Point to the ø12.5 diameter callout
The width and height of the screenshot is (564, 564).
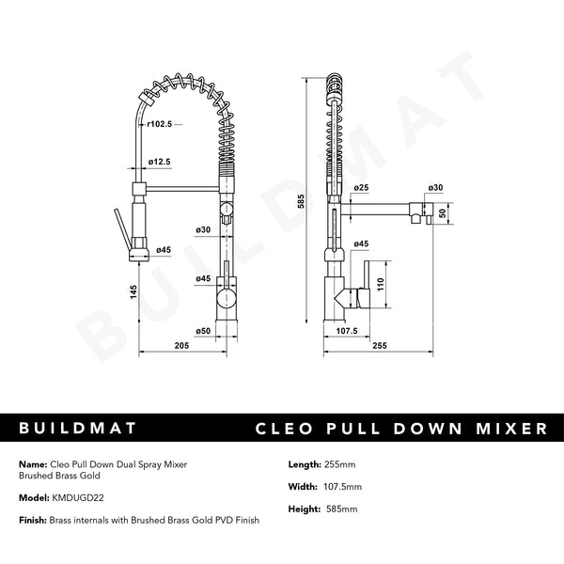point(159,162)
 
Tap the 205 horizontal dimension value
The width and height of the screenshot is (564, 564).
point(182,346)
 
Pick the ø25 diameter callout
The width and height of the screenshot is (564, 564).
point(361,188)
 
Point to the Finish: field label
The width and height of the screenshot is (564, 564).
point(32,520)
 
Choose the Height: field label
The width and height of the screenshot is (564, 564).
point(305,509)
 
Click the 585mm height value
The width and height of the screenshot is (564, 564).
point(344,509)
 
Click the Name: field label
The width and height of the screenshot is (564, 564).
point(31,464)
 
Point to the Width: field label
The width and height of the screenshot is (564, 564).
point(303,486)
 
